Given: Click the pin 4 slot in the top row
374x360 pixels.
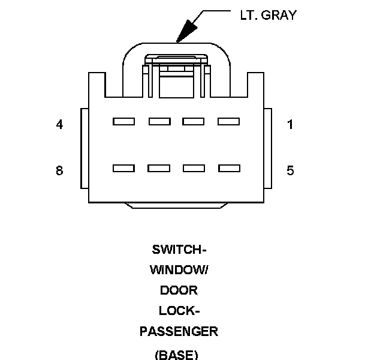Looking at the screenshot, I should [123, 122].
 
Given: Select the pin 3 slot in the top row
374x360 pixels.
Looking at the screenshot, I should [159, 122].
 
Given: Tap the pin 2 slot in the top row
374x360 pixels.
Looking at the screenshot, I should [193, 122].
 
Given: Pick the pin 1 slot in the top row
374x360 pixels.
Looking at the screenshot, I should [228, 122].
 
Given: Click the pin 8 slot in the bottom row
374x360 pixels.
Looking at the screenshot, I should [123, 169].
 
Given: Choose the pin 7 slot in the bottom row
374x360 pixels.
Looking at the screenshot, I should [159, 169].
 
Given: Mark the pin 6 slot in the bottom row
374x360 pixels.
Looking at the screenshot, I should [193, 169].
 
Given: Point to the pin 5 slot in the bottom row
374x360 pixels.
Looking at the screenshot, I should [228, 169].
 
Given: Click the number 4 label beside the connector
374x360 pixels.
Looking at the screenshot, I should [59, 125].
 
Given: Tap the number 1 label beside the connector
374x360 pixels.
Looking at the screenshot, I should [291, 125].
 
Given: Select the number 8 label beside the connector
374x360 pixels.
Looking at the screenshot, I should [59, 171].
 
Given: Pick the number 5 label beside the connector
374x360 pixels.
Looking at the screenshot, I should [291, 171].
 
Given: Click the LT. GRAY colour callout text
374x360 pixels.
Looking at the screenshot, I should [264, 16].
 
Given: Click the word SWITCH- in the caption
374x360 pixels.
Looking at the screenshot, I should [179, 250].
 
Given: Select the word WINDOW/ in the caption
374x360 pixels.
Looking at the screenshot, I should [179, 270].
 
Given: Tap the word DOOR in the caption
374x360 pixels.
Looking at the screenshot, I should [179, 290].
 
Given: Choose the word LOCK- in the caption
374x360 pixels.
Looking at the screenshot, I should [179, 311].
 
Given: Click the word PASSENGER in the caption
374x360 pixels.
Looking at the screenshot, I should [179, 331].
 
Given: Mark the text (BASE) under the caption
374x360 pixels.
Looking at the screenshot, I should [176, 354].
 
